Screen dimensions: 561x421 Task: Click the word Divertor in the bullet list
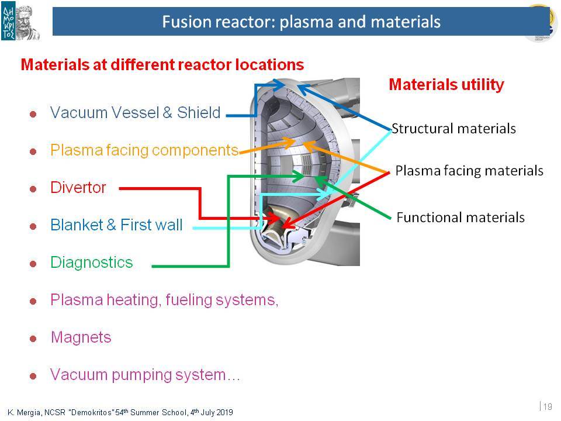coord(78,188)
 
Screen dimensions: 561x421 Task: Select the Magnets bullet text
coord(81,337)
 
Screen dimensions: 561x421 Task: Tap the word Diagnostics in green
coord(92,263)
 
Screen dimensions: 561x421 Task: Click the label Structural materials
coord(453,129)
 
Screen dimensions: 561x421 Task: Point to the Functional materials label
coord(460,218)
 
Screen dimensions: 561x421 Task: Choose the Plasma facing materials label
coord(469,171)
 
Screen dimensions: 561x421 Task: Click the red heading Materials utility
coord(446,85)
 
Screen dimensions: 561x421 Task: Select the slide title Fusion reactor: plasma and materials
coord(302,22)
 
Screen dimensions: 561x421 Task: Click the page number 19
coord(548,407)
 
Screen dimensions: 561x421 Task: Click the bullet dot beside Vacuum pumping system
coord(33,376)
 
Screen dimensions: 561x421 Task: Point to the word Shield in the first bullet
coord(199,112)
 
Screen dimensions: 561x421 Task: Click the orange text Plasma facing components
coord(144,150)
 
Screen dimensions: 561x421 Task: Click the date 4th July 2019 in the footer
coord(212,412)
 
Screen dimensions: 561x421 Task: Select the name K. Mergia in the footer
coord(23,413)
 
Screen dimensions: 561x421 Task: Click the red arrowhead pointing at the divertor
coord(275,218)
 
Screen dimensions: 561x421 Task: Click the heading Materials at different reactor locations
coord(162,65)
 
